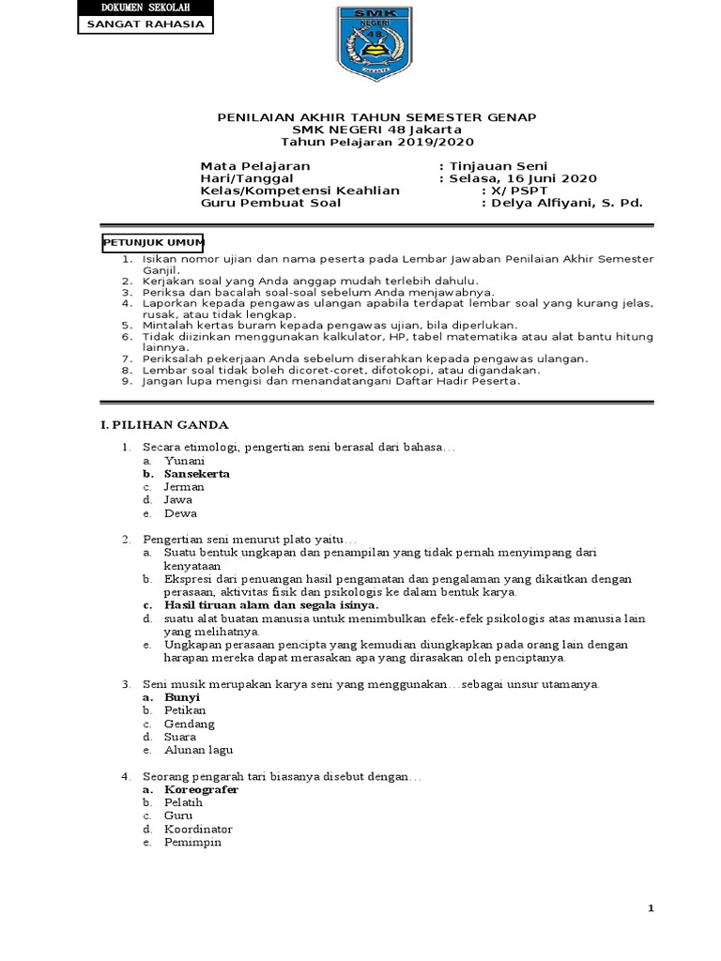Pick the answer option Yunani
click(x=184, y=461)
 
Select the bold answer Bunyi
click(x=182, y=697)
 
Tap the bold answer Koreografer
click(x=201, y=790)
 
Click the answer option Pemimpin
click(x=192, y=843)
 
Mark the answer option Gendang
click(x=189, y=724)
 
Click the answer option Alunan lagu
click(x=198, y=750)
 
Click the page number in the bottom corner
click(x=701, y=908)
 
